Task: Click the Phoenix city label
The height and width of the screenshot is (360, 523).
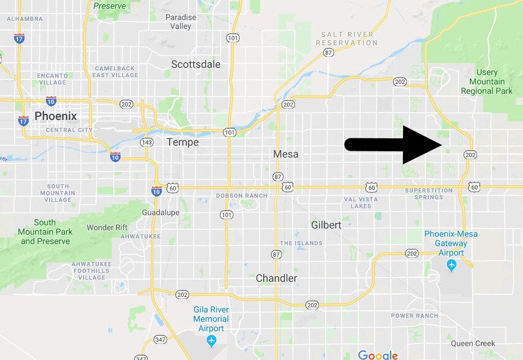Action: [x=56, y=116]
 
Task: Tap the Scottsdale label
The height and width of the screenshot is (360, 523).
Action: [x=195, y=64]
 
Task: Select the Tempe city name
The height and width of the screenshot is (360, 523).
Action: [x=182, y=142]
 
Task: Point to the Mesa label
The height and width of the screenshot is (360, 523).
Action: [x=286, y=154]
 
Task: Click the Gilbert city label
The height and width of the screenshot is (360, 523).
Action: [x=326, y=225]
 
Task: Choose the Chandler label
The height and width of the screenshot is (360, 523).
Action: [x=276, y=278]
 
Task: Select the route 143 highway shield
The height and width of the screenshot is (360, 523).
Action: [x=147, y=142]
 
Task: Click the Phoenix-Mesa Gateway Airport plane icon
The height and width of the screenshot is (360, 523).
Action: [x=452, y=265]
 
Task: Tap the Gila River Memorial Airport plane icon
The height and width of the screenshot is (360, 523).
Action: [x=211, y=340]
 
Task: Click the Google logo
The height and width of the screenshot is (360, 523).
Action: [x=378, y=354]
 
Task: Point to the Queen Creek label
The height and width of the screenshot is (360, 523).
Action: [x=473, y=343]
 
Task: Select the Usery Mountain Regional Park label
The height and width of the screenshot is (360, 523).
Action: [x=487, y=81]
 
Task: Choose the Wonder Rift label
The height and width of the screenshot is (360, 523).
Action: [x=107, y=227]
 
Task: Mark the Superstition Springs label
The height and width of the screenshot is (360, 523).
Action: [x=428, y=193]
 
